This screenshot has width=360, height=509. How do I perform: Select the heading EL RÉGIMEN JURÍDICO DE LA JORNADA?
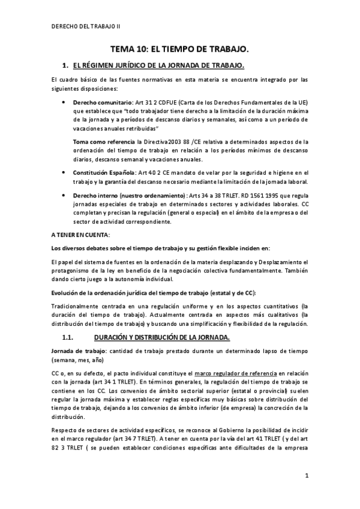pyautogui.click(x=158, y=64)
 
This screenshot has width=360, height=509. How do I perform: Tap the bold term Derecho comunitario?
pyautogui.click(x=98, y=103)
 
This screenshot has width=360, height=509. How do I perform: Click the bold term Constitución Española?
pyautogui.click(x=101, y=172)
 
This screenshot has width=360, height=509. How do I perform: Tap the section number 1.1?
pyautogui.click(x=69, y=337)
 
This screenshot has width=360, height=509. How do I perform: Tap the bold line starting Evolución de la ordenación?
pyautogui.click(x=153, y=292)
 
